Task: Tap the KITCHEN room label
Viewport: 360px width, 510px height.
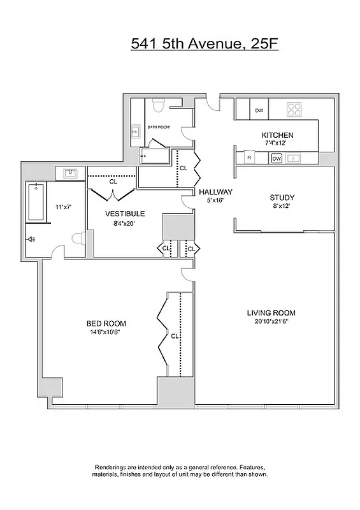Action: (277, 135)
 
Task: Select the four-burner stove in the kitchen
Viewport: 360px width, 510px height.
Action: (294, 109)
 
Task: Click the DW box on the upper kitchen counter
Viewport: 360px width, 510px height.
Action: (259, 110)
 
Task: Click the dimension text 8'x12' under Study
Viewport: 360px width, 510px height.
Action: (280, 206)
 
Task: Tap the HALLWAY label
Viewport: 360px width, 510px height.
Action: (215, 192)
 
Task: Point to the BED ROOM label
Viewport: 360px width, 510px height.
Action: (106, 323)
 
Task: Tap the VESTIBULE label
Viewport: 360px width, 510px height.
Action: (125, 214)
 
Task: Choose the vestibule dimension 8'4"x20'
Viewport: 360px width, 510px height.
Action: (125, 222)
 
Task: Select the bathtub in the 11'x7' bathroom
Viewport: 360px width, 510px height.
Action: (36, 202)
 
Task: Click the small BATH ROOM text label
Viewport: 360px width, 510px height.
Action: (159, 127)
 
